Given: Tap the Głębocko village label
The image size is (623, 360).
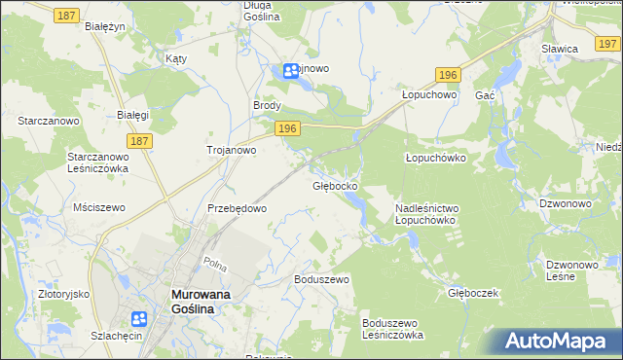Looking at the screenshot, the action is click(335, 185).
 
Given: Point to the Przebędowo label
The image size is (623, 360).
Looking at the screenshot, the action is click(238, 208).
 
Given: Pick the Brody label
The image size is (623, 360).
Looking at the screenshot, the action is click(268, 106).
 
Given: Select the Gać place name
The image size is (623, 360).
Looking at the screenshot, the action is click(485, 95).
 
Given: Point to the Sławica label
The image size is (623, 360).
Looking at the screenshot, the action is click(560, 48).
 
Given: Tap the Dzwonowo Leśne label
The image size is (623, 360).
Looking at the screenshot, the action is click(573, 270).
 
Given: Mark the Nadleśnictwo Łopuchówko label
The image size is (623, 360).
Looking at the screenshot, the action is click(426, 214).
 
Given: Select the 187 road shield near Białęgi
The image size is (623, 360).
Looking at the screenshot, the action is click(139, 142).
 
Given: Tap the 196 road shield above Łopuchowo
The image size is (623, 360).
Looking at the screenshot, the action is click(447, 75).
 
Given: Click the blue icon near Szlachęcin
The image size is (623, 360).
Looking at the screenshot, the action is click(139, 319).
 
